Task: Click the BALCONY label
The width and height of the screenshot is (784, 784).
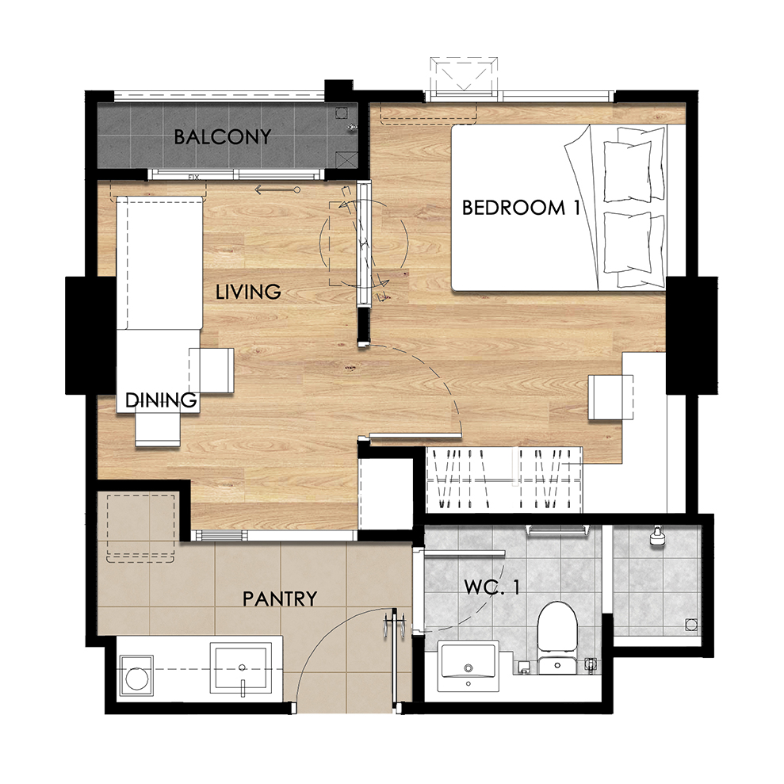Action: click(x=223, y=136)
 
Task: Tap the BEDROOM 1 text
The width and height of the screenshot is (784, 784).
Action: click(x=521, y=208)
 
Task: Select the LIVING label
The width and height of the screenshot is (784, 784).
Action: click(x=248, y=292)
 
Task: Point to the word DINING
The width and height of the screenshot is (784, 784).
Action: click(x=160, y=400)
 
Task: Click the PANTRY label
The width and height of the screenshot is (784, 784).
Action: click(x=280, y=599)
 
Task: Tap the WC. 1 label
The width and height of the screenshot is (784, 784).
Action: click(x=492, y=587)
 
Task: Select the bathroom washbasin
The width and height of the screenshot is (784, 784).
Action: click(x=468, y=666)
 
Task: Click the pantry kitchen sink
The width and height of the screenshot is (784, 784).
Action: click(x=242, y=668)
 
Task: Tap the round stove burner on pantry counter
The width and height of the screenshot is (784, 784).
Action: click(x=136, y=679)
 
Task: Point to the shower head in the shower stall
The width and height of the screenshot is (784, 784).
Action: click(x=657, y=536)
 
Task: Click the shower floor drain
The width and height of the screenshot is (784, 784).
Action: click(x=691, y=625)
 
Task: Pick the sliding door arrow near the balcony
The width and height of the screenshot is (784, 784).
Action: click(x=277, y=190)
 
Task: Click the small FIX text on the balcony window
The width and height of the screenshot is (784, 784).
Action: click(x=193, y=177)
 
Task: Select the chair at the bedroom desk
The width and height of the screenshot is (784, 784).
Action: click(x=610, y=397)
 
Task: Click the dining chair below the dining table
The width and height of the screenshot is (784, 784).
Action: click(x=158, y=429)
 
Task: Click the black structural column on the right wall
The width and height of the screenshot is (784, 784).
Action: click(x=692, y=335)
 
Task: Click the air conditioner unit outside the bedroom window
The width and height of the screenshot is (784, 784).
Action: click(x=464, y=75)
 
